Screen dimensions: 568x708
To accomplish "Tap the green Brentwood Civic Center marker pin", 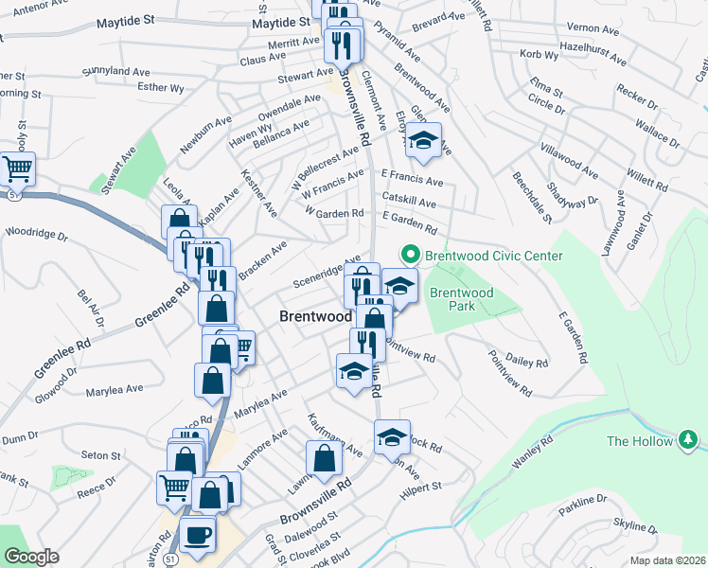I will point(410,255).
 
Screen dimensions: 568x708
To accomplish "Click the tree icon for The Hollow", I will point(688,440).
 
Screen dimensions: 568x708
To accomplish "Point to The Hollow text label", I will point(638,441).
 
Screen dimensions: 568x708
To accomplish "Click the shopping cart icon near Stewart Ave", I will point(17,169).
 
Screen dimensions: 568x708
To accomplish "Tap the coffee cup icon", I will point(198,534).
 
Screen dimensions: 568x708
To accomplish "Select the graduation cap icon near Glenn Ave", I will point(423,142).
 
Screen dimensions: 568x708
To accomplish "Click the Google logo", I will point(30,557).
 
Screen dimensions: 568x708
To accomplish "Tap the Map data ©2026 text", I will point(668,560).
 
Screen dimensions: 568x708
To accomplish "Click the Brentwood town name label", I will point(316,318).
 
